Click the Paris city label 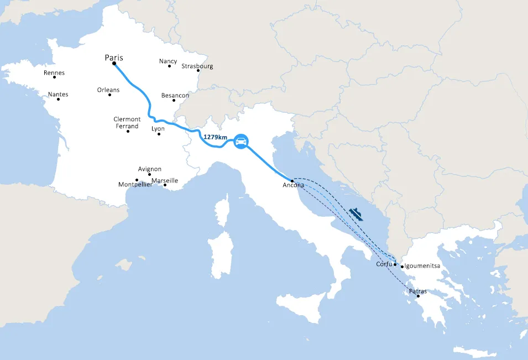[x=114, y=58]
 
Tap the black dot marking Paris [x=114, y=64]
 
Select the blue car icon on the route [x=241, y=141]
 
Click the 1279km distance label [x=216, y=137]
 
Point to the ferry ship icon [x=357, y=214]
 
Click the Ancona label [x=293, y=185]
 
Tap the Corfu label [x=384, y=264]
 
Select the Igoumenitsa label [x=422, y=266]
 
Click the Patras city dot [x=419, y=296]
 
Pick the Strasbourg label [x=197, y=66]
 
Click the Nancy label [x=168, y=61]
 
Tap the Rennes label [x=54, y=72]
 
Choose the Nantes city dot [x=58, y=99]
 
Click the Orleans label [x=108, y=90]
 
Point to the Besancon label [x=175, y=96]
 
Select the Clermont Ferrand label [x=127, y=123]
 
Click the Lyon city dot [x=159, y=134]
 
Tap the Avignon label [x=150, y=169]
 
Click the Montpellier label [x=135, y=185]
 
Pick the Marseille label [x=165, y=180]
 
